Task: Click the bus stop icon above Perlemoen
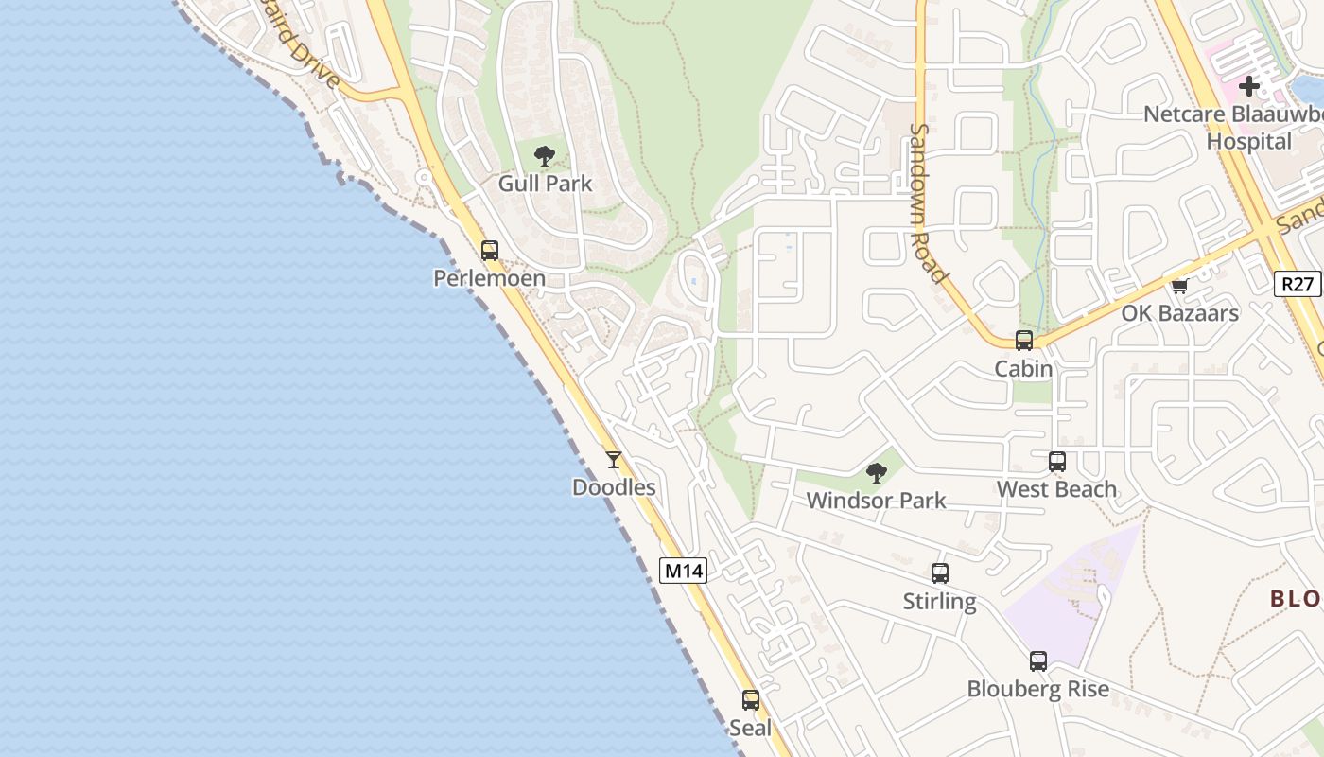click(x=489, y=251)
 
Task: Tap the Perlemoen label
click(x=489, y=278)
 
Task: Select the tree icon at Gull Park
click(x=544, y=156)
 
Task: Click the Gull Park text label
click(x=545, y=184)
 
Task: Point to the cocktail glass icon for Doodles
click(x=614, y=460)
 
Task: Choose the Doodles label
click(x=614, y=487)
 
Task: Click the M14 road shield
click(x=683, y=571)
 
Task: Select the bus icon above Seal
click(x=750, y=700)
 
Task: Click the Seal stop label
click(x=750, y=728)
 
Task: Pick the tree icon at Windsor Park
click(x=876, y=472)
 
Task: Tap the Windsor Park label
click(x=876, y=500)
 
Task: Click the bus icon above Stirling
click(x=939, y=573)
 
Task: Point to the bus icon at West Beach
click(x=1056, y=462)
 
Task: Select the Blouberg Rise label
click(x=1037, y=689)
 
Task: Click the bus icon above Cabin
click(x=1023, y=341)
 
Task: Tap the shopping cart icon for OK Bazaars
click(x=1179, y=286)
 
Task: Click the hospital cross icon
click(x=1249, y=86)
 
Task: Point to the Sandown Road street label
click(x=928, y=203)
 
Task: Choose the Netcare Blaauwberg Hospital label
click(x=1234, y=128)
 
